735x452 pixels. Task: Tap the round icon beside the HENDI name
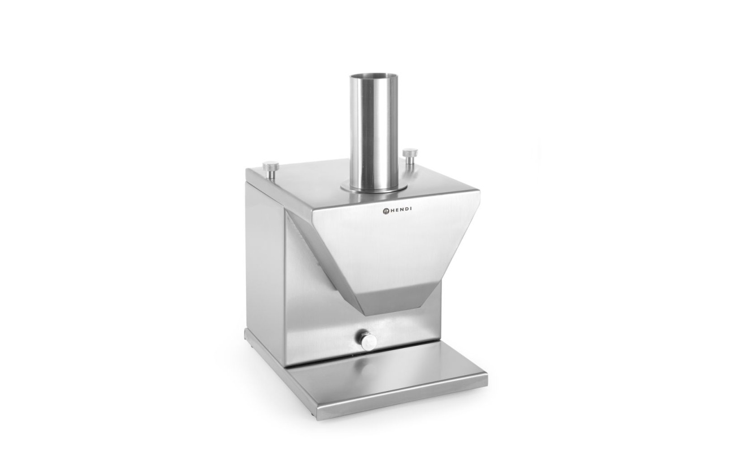(385, 211)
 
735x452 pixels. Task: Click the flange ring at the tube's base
(374, 188)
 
